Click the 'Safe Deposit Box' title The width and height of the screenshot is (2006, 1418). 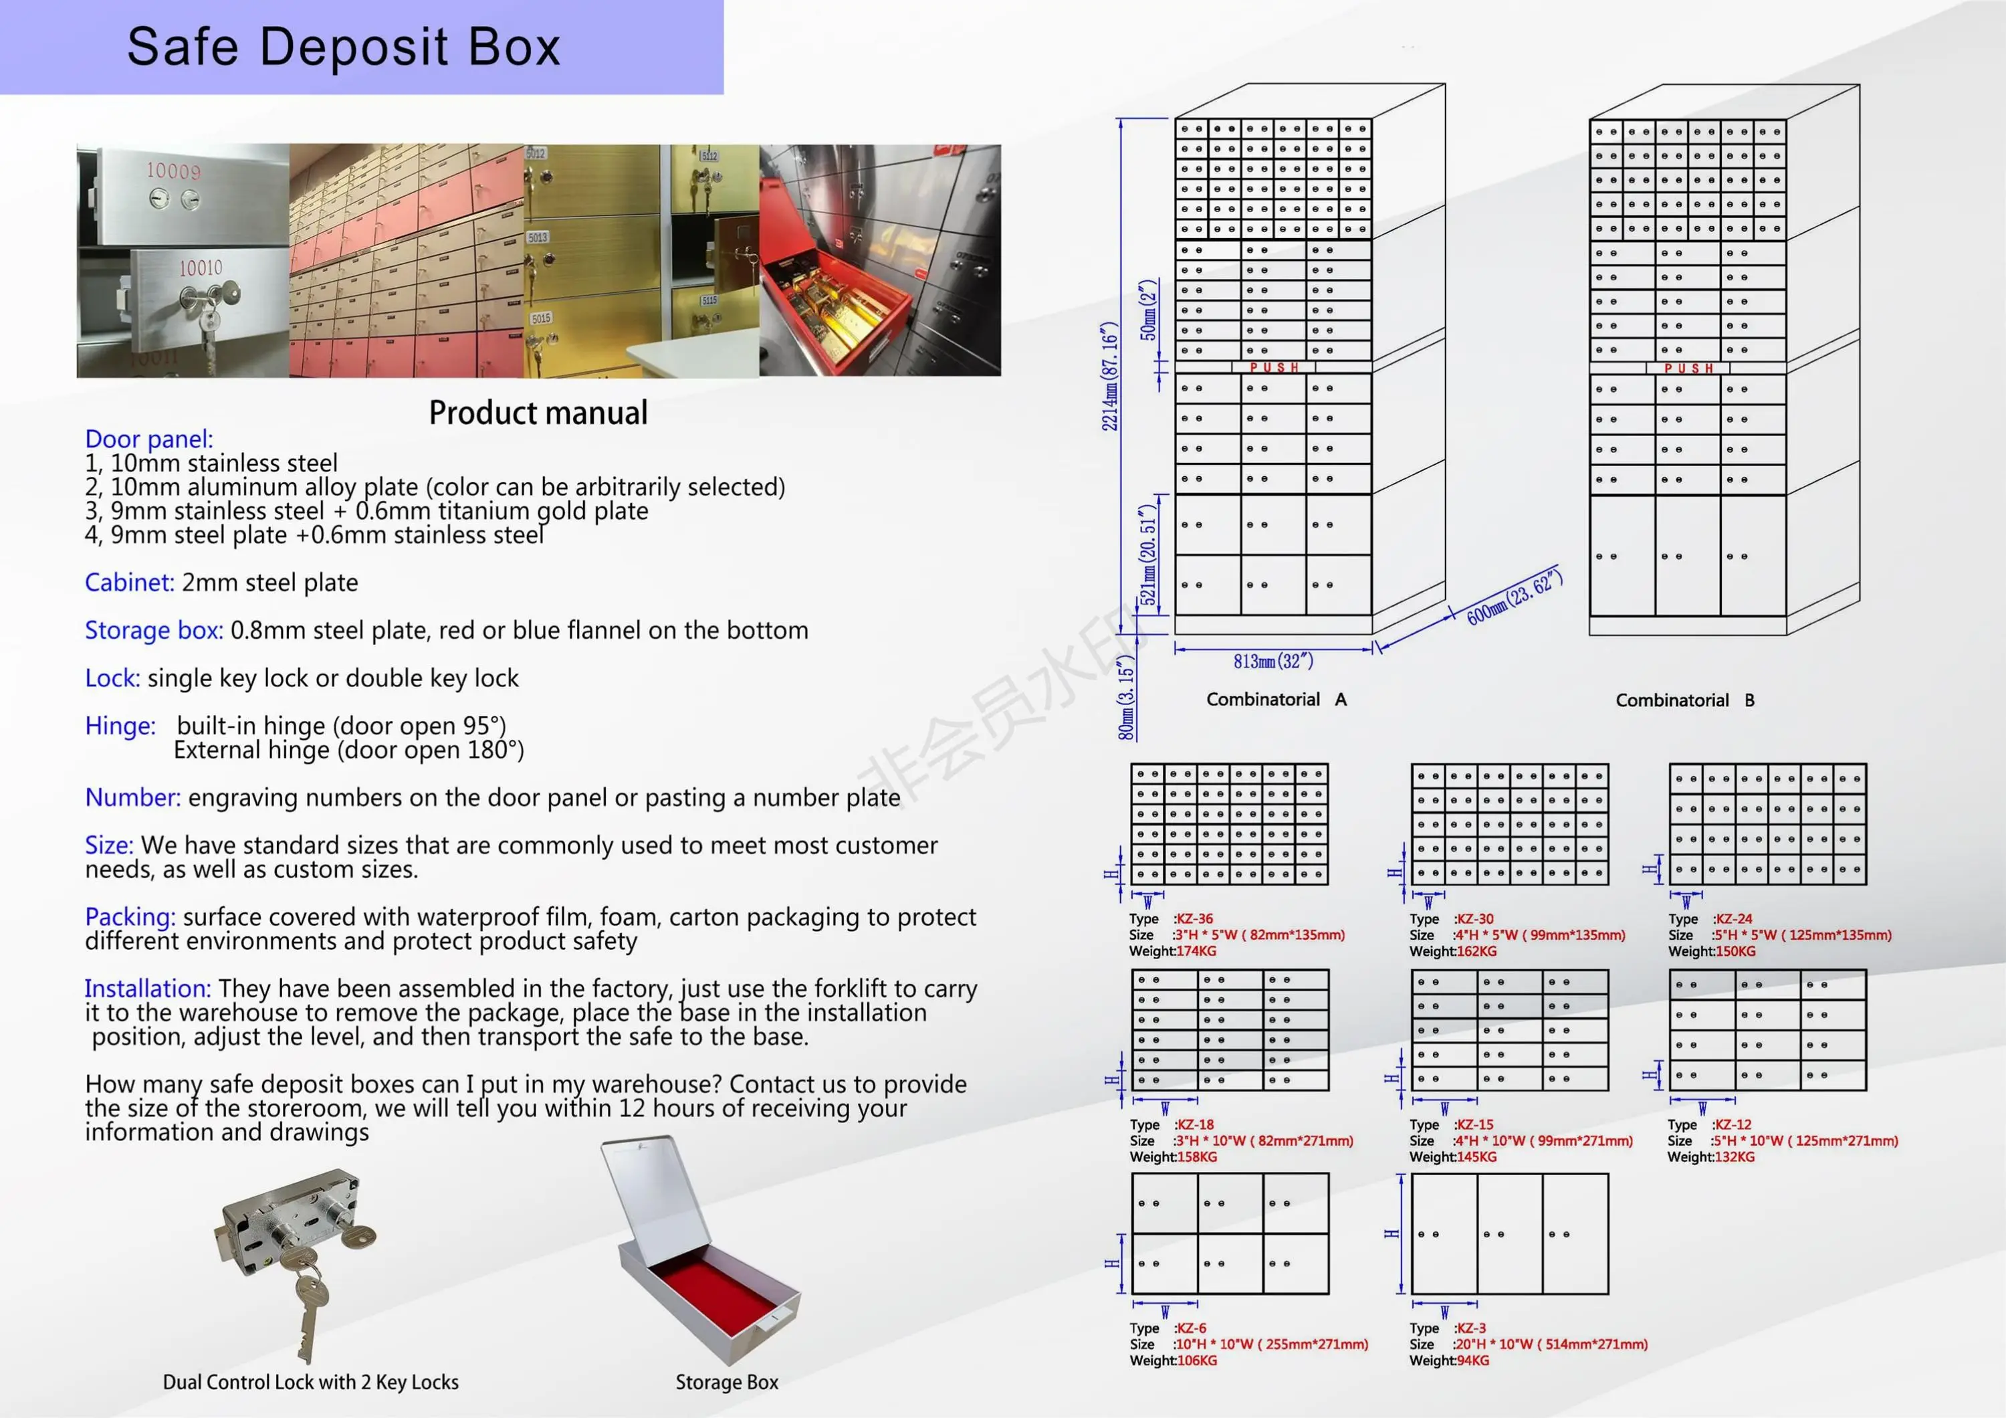coord(344,47)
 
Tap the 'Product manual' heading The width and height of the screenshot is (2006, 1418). coord(538,413)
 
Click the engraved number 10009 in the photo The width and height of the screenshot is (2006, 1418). coord(173,171)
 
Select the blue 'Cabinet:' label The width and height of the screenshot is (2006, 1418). coord(129,583)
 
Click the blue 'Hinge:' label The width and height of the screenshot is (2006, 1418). coord(120,726)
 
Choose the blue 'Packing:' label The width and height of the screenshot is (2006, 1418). coord(130,916)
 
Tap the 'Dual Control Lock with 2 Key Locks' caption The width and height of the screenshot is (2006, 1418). coord(310,1382)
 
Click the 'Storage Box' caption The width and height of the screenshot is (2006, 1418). coord(726,1382)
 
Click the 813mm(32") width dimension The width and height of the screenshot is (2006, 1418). coord(1273,662)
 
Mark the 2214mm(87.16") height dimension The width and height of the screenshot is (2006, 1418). coord(1109,377)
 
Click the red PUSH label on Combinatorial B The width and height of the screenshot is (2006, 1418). coord(1688,369)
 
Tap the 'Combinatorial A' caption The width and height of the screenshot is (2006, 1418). coord(1276,700)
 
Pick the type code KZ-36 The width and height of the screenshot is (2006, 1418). coord(1194,919)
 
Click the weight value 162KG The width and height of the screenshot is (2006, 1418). coord(1476,951)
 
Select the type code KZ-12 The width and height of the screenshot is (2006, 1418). coord(1733,1124)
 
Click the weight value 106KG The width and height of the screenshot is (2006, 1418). coord(1197,1360)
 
